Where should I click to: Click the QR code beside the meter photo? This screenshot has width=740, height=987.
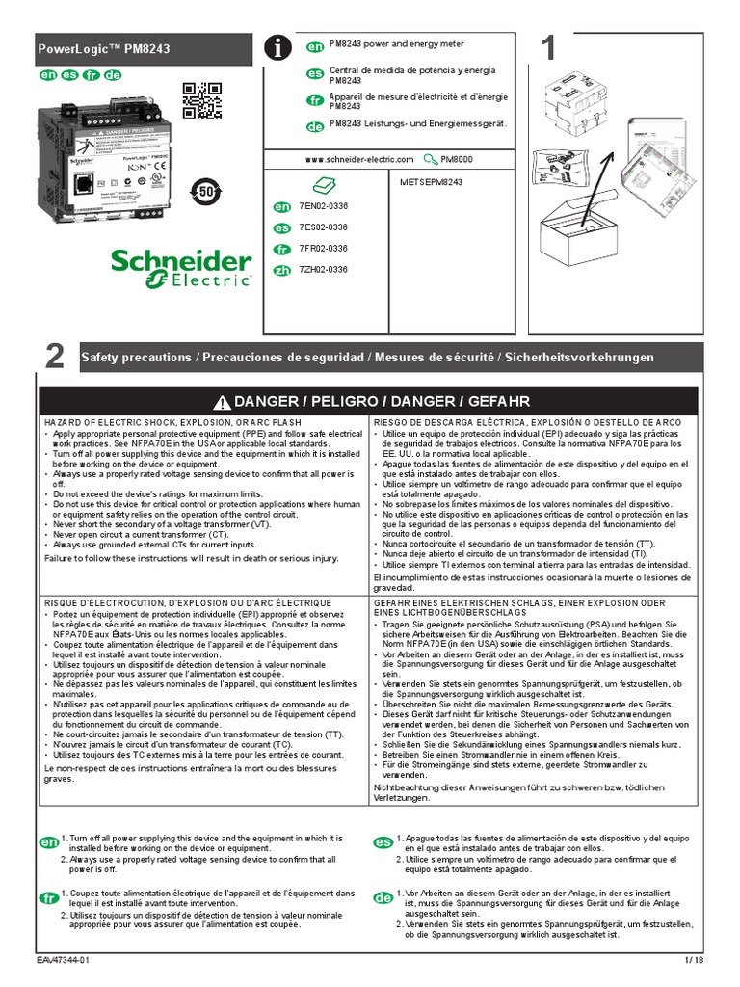(201, 100)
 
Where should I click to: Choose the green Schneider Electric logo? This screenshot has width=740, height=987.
(181, 269)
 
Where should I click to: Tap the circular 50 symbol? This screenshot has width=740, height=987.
(205, 190)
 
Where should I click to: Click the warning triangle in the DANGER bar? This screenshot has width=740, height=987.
(223, 401)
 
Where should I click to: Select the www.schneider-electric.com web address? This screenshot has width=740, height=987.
(358, 159)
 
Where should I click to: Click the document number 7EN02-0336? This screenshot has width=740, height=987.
(323, 207)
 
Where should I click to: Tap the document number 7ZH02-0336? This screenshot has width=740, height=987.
(323, 270)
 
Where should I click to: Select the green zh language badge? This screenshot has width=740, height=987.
(282, 271)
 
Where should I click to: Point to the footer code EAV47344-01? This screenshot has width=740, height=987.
(65, 961)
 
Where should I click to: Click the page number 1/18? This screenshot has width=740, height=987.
(695, 961)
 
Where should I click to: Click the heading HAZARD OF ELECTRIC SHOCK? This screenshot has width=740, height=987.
(173, 423)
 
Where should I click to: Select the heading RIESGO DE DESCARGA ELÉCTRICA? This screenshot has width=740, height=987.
(527, 423)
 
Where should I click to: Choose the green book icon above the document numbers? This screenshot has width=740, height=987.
(323, 184)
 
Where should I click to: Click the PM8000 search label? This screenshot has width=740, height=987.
(457, 159)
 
